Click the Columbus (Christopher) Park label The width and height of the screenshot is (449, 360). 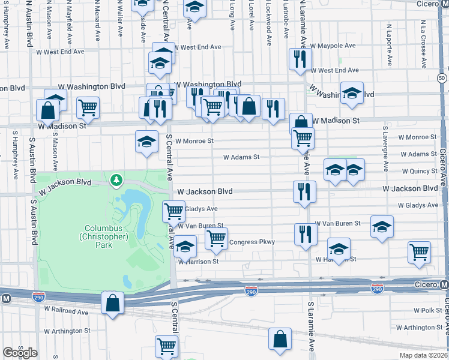coord(107,232)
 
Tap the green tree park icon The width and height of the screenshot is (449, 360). coord(116,179)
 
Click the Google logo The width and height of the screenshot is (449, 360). coord(19,352)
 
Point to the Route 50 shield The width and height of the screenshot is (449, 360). coord(441,79)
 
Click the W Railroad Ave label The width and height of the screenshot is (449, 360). coord(65,312)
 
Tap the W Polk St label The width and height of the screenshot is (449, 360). coord(427,311)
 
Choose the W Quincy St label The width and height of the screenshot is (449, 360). coord(420,171)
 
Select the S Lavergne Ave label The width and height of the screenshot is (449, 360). coord(383,149)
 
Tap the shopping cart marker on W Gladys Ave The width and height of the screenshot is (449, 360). coord(173,211)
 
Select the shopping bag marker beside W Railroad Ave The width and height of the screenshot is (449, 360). coord(112,303)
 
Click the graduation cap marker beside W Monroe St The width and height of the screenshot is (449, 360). coord(146,142)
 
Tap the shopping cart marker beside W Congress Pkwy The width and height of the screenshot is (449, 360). coord(216,238)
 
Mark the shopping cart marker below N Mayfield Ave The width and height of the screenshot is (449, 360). coord(88,107)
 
